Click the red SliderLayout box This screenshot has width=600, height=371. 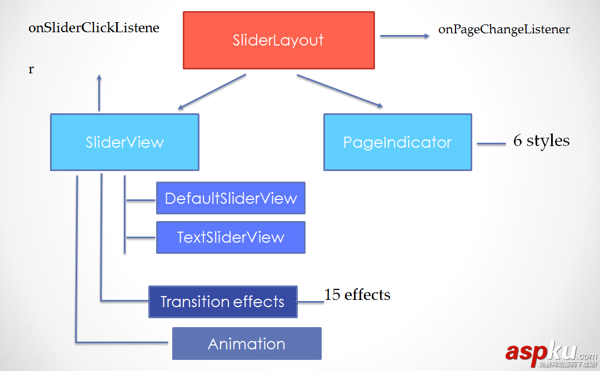coord(278,41)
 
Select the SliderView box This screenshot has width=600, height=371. coord(124,142)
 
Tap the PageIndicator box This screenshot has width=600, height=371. coord(397,142)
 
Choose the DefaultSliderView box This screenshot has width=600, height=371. coord(231,198)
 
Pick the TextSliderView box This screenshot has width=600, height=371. coord(231,237)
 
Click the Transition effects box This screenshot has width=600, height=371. coord(223,302)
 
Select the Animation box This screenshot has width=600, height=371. coord(247,343)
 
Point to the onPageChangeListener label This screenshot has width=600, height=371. coord(504,29)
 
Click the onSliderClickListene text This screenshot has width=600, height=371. coord(94,28)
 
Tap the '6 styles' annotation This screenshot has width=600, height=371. coord(541,141)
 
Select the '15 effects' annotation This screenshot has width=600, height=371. coord(357,294)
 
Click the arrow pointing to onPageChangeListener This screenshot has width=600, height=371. coord(404,36)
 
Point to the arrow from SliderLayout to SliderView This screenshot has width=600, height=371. coord(212,92)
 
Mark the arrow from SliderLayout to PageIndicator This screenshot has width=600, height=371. coord(339,91)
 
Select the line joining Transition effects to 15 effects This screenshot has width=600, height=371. coord(311,302)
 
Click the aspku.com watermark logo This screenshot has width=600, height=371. coord(550,353)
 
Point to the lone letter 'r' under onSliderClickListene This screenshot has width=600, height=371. coord(31,70)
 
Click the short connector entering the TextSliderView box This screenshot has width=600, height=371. coord(141,238)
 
